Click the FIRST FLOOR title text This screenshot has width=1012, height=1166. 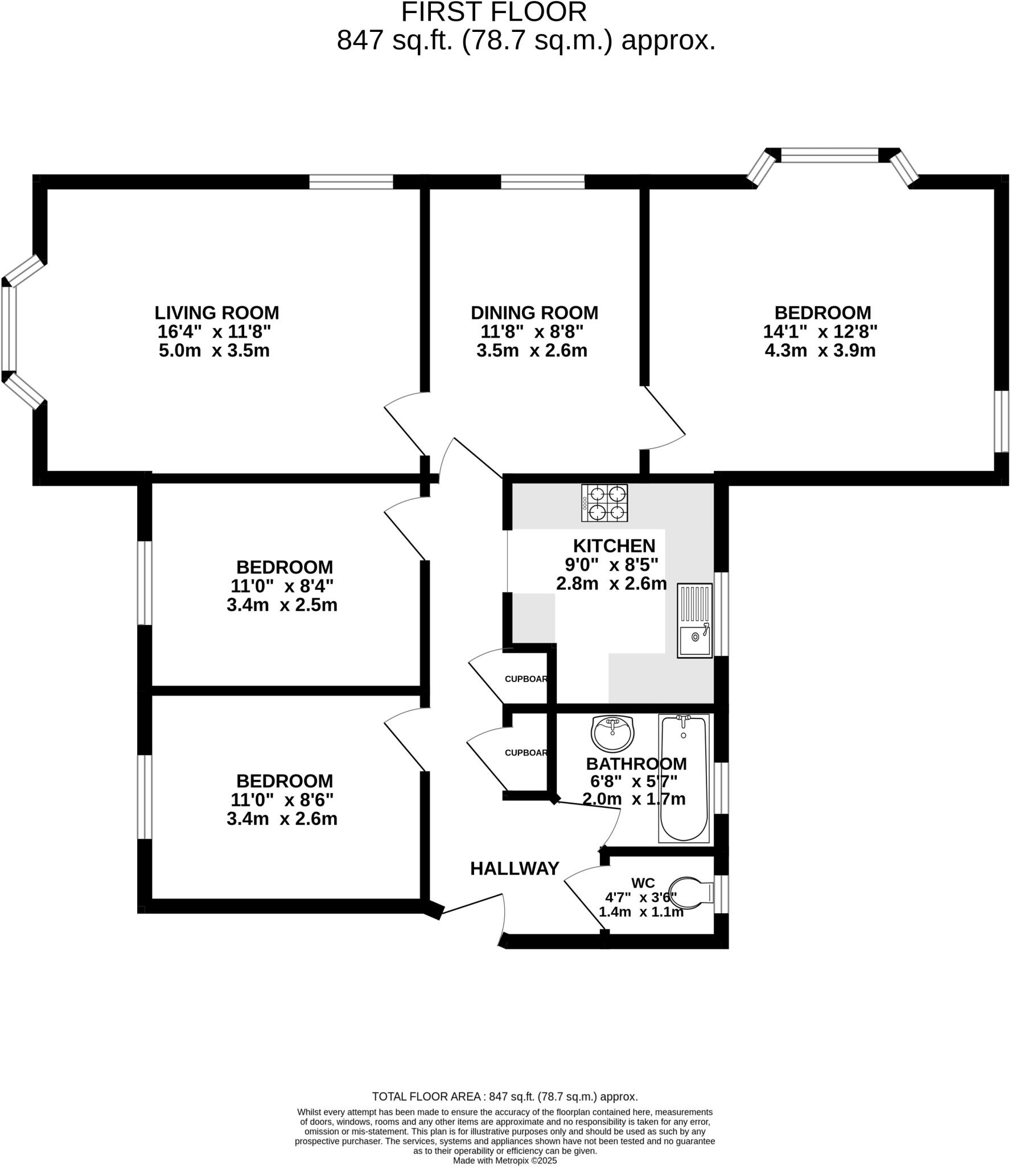[x=493, y=12]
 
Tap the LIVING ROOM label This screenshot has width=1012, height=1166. [x=217, y=313]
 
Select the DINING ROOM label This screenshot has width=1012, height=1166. [x=534, y=313]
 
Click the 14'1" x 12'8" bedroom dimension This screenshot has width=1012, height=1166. [x=820, y=331]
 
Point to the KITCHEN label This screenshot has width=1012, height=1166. [x=614, y=545]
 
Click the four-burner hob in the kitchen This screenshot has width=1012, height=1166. [x=604, y=503]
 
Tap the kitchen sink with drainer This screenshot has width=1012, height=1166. [x=694, y=621]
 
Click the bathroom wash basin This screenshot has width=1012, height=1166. [x=612, y=733]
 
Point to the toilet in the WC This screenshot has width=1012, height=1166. [x=690, y=892]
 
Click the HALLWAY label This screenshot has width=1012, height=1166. [x=515, y=869]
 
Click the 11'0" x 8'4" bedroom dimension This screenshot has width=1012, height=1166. [x=282, y=586]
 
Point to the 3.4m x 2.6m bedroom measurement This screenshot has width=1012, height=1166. [x=282, y=819]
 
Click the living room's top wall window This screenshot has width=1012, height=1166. [x=351, y=182]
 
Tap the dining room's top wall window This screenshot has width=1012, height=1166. [x=542, y=182]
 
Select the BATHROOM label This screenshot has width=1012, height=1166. [x=636, y=763]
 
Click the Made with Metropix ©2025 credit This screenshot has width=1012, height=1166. [x=505, y=1160]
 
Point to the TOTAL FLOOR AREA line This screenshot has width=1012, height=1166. [x=505, y=1097]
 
